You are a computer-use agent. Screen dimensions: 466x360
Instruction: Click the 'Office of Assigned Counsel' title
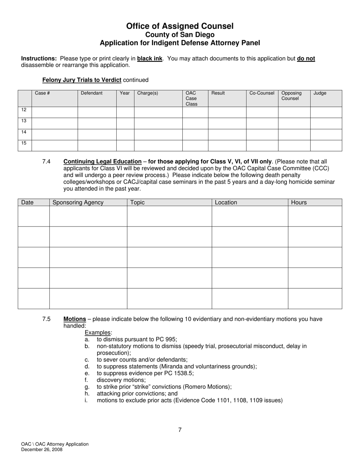[x=180, y=26]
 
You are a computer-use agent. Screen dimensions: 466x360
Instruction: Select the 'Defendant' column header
[x=91, y=93]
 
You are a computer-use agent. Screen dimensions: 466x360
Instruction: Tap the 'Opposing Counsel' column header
[x=291, y=96]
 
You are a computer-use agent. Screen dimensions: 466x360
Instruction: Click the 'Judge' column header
[x=320, y=93]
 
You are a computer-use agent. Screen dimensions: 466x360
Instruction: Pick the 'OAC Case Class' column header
[x=191, y=99]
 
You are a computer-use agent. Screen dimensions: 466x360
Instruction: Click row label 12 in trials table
[x=24, y=110]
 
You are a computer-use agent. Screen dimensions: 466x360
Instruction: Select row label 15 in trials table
[x=24, y=143]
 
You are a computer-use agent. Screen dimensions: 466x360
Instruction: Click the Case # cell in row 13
[x=55, y=124]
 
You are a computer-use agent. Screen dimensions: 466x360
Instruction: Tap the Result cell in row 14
[x=227, y=134]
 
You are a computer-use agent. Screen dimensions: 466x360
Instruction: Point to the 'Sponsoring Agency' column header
[x=78, y=203]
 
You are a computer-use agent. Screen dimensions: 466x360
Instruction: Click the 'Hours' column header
[x=299, y=203]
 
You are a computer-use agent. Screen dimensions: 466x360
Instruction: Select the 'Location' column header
[x=226, y=203]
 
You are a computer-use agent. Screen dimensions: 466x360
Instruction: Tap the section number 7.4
[x=47, y=162]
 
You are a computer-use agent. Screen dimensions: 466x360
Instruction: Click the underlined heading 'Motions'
[x=75, y=319]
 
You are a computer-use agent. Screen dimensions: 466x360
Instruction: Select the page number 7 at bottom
[x=180, y=430]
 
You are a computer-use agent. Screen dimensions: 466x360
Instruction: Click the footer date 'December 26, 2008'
[x=42, y=450]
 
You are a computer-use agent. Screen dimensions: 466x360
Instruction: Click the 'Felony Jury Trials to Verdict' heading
[x=82, y=80]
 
